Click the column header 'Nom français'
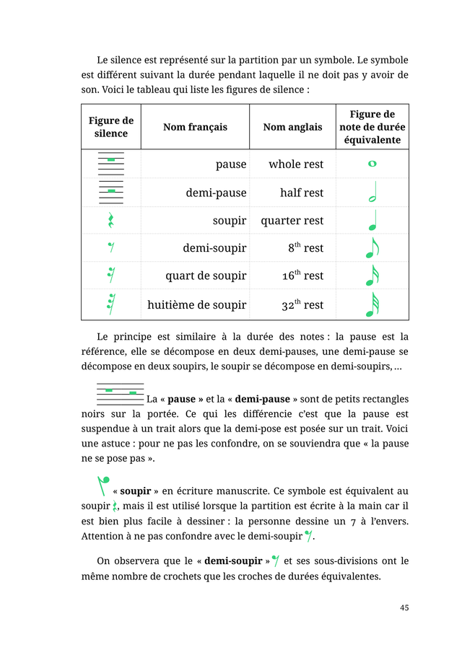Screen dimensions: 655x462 [x=195, y=127]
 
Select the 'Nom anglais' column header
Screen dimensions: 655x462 [x=292, y=127]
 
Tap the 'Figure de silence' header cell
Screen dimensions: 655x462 [x=111, y=127]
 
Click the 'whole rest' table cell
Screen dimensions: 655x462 [x=296, y=164]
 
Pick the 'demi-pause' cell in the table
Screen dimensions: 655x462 [x=216, y=193]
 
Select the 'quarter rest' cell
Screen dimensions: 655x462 [x=292, y=221]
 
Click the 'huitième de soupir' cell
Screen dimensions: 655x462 [x=196, y=305]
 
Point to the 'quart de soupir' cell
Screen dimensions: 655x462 [x=206, y=276]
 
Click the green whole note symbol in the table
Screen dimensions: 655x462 [x=372, y=164]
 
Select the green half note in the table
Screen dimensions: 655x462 [x=372, y=193]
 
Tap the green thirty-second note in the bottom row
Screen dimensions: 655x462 [x=372, y=304]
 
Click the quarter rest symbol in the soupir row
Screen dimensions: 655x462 [x=111, y=221]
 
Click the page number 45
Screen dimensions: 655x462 [x=404, y=607]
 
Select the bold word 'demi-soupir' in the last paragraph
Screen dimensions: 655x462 [x=233, y=561]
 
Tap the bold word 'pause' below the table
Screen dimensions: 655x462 [x=182, y=399]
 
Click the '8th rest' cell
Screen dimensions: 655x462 [x=305, y=248]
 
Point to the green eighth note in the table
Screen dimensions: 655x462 [x=372, y=247]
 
